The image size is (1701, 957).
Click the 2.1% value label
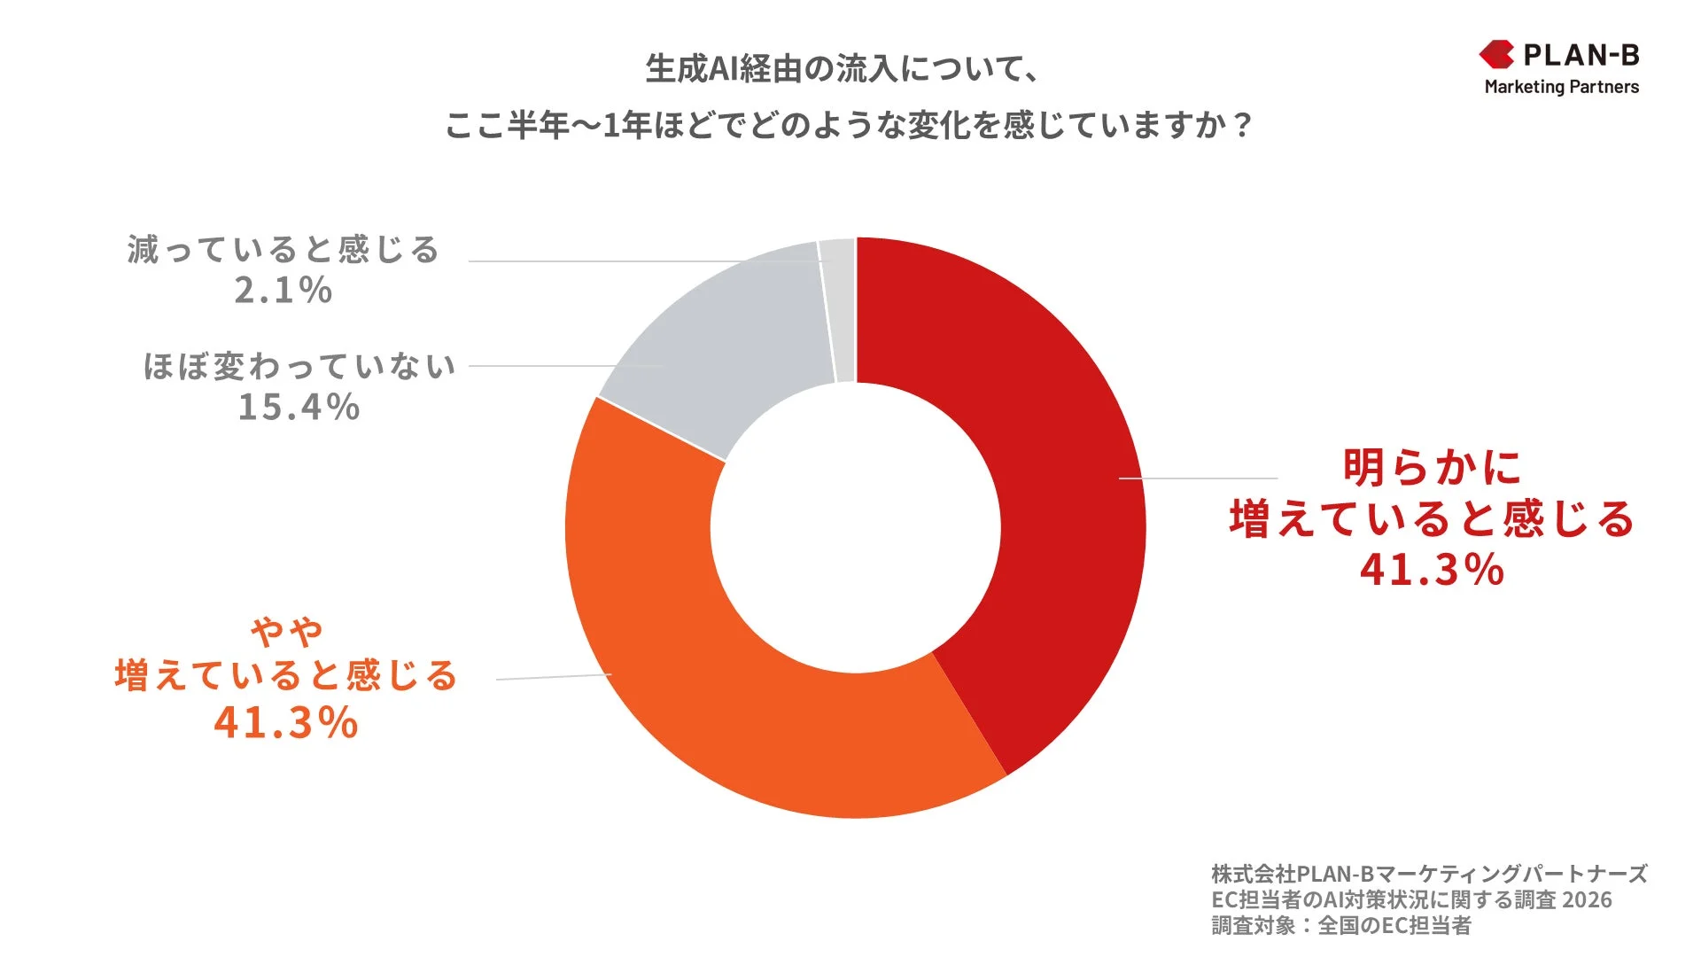coord(283,291)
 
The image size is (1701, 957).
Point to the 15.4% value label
coord(299,408)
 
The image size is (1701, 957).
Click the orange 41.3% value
coord(285,722)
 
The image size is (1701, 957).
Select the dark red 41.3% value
coord(1432,569)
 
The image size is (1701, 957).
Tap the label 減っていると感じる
coord(283,250)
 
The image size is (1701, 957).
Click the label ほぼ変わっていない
coord(299,366)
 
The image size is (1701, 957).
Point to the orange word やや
coord(286,631)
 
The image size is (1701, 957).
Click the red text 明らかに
coord(1432,467)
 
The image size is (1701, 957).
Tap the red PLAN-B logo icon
coord(1497,55)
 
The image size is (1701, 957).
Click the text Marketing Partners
coord(1561,87)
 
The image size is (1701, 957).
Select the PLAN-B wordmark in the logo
coord(1581,55)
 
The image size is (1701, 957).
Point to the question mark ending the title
coord(1243,125)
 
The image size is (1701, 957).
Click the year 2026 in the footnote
coord(1587,899)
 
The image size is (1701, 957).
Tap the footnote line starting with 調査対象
coord(1340,926)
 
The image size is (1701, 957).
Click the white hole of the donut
coord(856,527)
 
